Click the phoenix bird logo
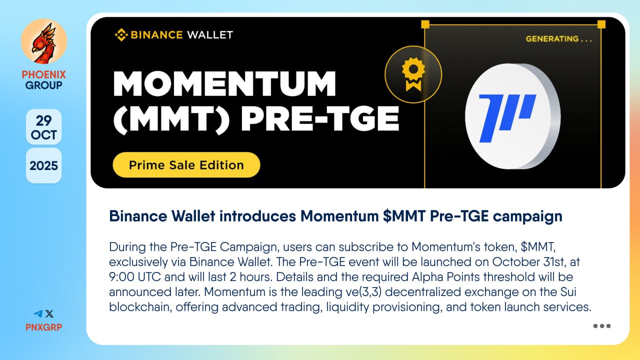(43, 41)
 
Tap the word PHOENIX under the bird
(43, 75)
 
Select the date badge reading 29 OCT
(43, 127)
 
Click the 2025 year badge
(43, 165)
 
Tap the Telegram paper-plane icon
(38, 314)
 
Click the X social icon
(49, 314)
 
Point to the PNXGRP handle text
(43, 327)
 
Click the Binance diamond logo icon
(121, 35)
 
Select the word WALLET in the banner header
(210, 35)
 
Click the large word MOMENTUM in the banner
(224, 83)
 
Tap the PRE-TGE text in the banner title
(319, 118)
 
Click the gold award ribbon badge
(413, 74)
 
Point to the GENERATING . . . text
(559, 39)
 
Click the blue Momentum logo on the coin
(506, 118)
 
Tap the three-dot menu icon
(602, 326)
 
